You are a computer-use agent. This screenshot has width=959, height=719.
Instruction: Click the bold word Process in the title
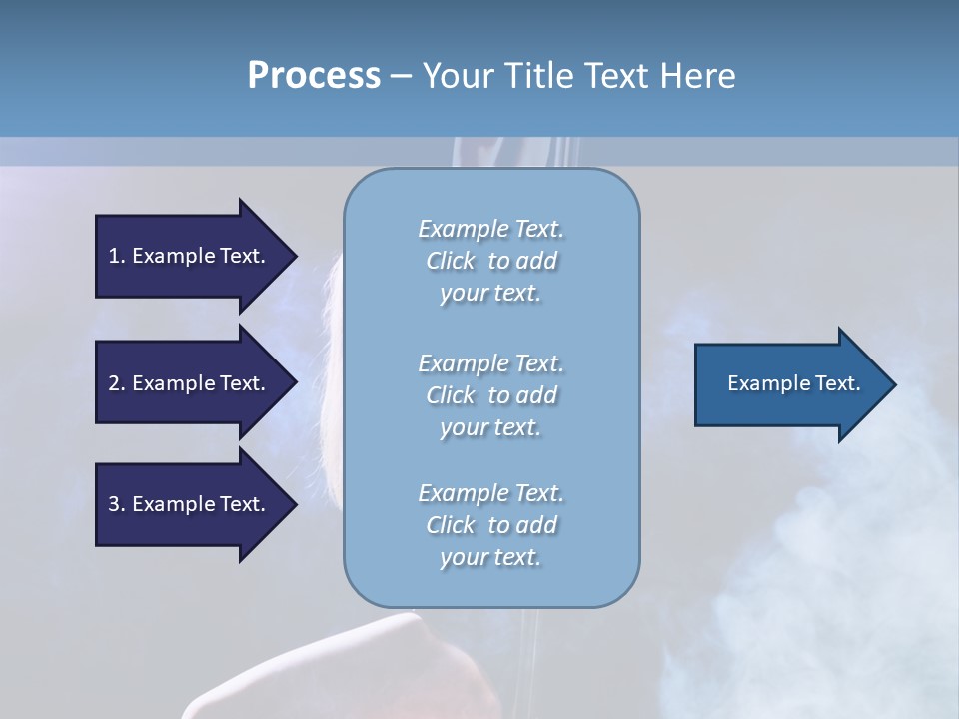coord(314,76)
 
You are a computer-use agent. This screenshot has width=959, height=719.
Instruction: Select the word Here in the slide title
coord(697,76)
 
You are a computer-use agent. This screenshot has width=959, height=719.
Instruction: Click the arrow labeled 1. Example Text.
coord(190,256)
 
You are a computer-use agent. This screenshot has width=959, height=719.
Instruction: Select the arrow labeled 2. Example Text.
coord(190,383)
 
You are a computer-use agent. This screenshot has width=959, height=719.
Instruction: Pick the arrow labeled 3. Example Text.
coord(190,504)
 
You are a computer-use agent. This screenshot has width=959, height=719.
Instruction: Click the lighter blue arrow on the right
coord(789,384)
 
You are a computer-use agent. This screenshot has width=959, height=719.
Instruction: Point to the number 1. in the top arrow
coord(117,256)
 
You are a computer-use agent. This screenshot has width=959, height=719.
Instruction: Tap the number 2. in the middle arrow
coord(117,383)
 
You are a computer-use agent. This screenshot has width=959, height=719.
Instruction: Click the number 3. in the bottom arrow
coord(117,504)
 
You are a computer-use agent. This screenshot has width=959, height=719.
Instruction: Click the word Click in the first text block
coord(451,261)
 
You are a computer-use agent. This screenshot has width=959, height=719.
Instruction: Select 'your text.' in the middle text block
coord(490,427)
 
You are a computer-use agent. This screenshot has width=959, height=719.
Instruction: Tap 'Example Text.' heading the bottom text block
coord(490,493)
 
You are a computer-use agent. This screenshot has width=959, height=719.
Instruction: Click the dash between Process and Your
coord(401,76)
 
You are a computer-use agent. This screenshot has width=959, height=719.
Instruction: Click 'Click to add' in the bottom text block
coord(490,525)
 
